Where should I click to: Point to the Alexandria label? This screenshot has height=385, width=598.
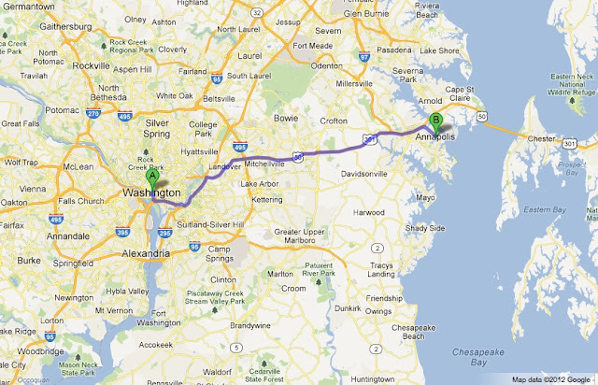(x=146, y=252)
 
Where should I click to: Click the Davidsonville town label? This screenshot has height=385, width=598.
(x=349, y=174)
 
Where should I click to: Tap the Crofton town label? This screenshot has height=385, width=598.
(x=333, y=120)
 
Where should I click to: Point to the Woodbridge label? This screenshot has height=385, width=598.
(x=32, y=350)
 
